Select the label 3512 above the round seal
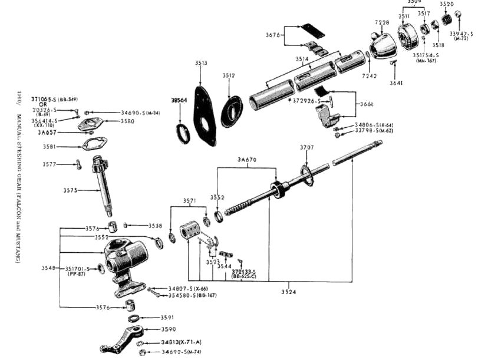pyautogui.click(x=229, y=76)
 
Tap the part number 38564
pyautogui.click(x=179, y=101)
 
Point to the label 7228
pyautogui.click(x=382, y=22)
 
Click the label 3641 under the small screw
pyautogui.click(x=397, y=83)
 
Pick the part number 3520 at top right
pyautogui.click(x=447, y=4)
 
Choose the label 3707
pyautogui.click(x=306, y=147)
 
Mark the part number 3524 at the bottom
pyautogui.click(x=289, y=292)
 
